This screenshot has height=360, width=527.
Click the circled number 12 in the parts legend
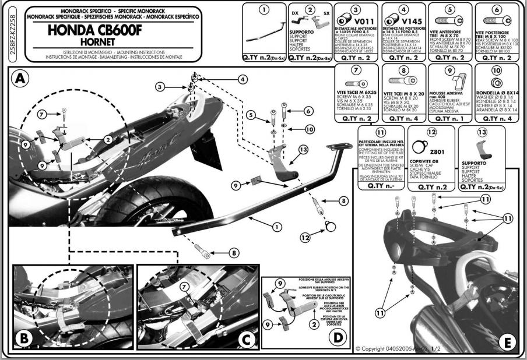432,132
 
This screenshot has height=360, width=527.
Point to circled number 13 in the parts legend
482,132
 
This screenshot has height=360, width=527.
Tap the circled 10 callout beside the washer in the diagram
310,128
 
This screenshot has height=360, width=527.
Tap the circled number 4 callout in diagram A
242,80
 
